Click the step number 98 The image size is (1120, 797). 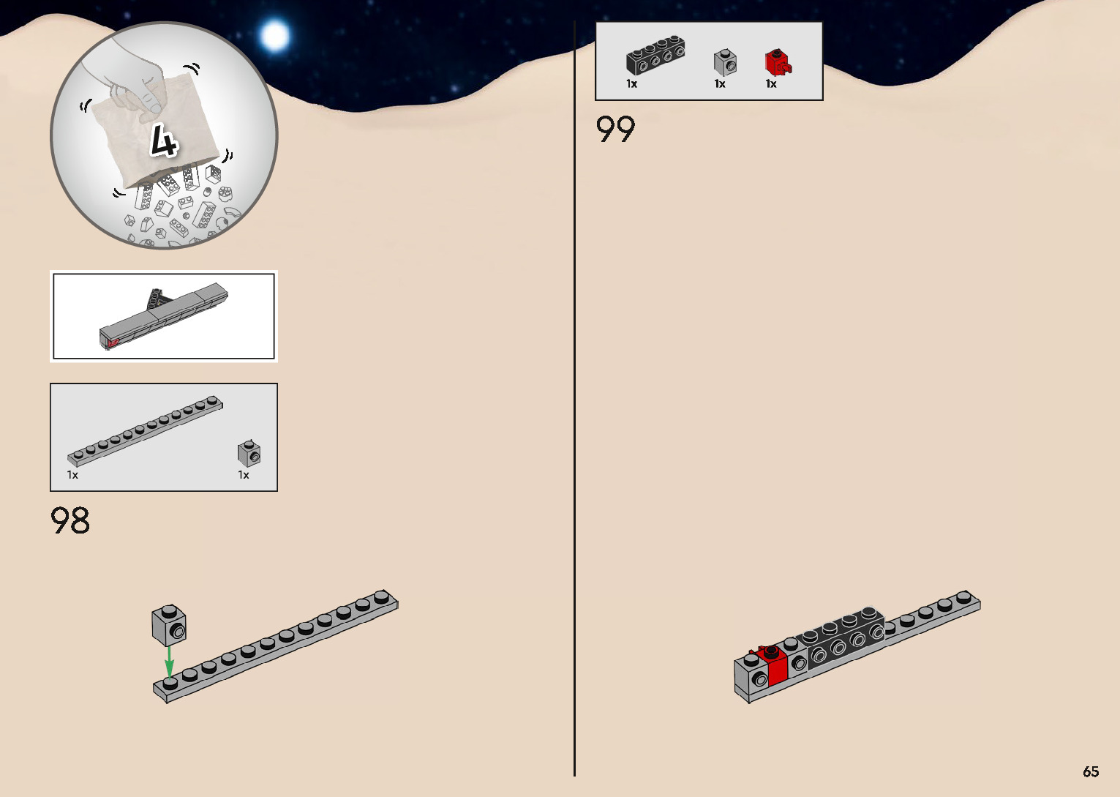(x=70, y=520)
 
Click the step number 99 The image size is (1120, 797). (x=615, y=130)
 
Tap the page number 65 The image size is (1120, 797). (x=1091, y=771)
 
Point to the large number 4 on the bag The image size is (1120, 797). (x=164, y=141)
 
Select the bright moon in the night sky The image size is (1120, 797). (x=275, y=35)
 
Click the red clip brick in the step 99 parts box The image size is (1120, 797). (x=777, y=63)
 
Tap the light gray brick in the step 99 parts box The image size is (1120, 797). (x=724, y=63)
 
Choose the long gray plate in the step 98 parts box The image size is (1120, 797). (x=146, y=430)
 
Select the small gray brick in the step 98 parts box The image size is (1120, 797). (x=249, y=453)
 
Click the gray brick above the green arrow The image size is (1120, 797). (x=169, y=626)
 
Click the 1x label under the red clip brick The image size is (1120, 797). (x=771, y=84)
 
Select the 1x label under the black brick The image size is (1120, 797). (x=631, y=84)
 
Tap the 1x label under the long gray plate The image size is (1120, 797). (x=72, y=475)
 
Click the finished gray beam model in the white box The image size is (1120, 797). (x=165, y=317)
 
